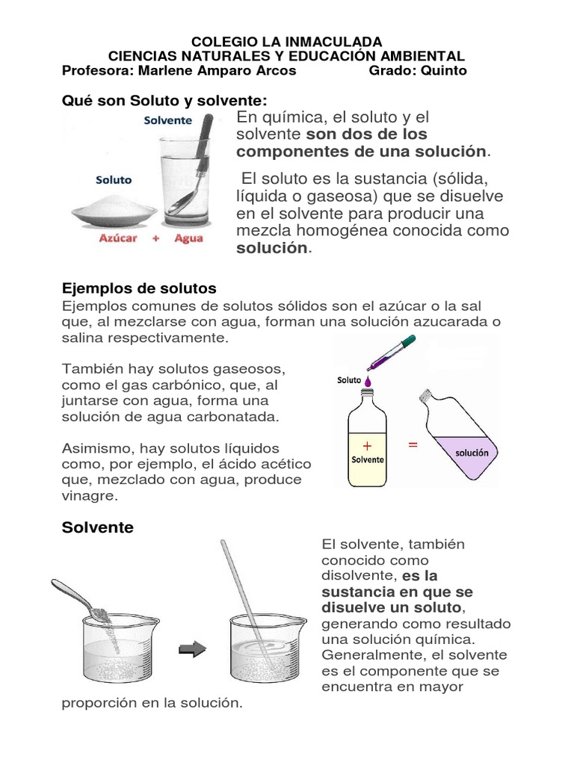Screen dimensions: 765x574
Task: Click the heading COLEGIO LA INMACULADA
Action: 287,41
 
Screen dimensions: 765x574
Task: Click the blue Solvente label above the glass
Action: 168,120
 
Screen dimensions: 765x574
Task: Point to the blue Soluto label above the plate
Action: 114,179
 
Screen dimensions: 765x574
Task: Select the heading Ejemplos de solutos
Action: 138,288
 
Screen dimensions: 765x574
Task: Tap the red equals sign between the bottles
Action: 412,445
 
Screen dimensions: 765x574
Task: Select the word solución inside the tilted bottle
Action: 471,452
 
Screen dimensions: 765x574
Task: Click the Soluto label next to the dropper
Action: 348,380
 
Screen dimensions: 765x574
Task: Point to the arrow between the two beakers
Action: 194,650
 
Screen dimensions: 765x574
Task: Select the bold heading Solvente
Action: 97,527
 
